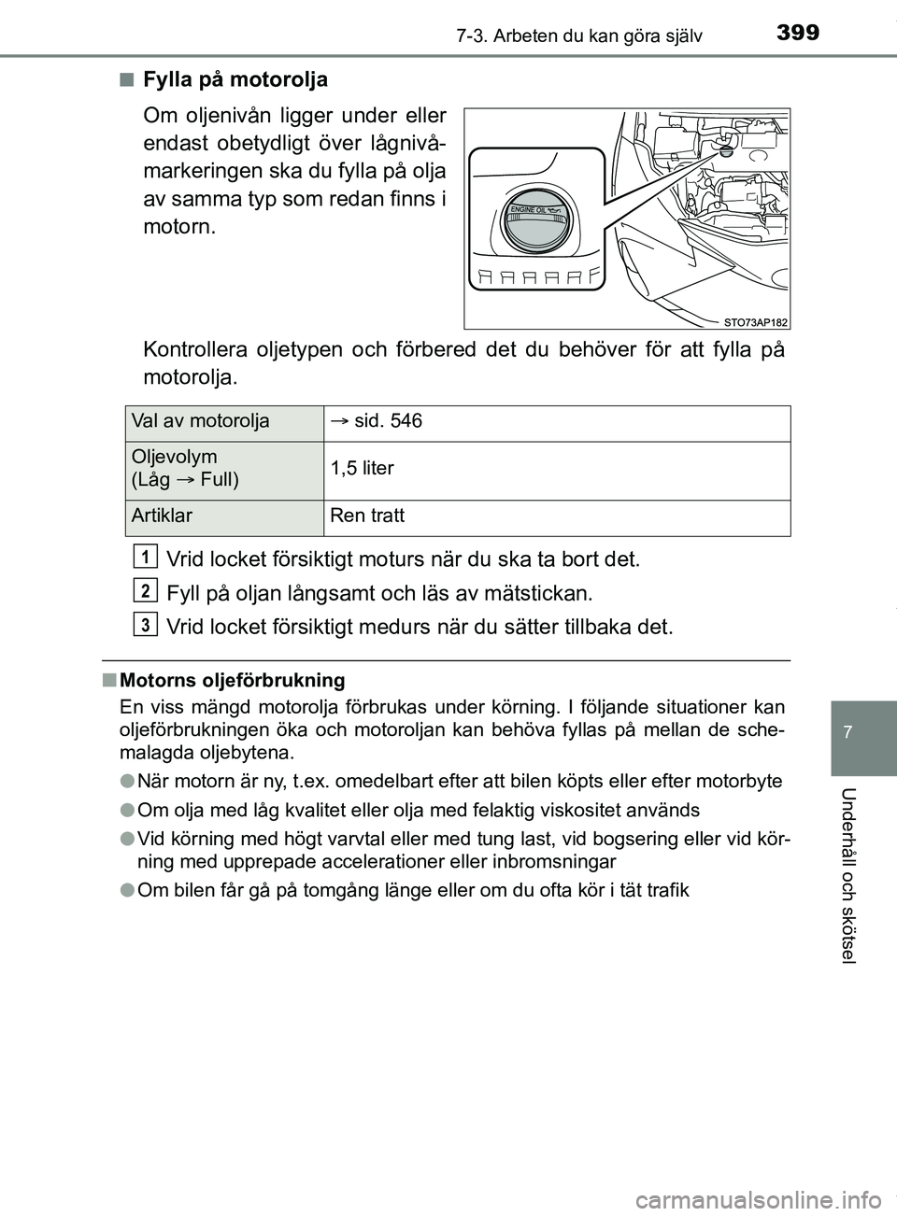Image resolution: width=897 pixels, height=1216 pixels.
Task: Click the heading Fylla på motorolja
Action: click(235, 79)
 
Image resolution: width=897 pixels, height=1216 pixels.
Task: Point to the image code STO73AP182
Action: click(755, 321)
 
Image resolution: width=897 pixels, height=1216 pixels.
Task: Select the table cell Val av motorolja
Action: click(200, 421)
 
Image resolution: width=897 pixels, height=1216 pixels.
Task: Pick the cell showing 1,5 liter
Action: click(367, 468)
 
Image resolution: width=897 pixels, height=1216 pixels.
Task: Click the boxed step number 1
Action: click(145, 557)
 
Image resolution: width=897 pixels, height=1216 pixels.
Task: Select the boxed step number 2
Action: click(145, 589)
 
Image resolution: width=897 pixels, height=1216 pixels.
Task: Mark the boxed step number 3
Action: click(145, 623)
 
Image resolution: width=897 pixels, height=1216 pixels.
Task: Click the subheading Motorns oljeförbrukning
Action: click(233, 680)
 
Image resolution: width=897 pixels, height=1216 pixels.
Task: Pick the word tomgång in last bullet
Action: click(320, 889)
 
